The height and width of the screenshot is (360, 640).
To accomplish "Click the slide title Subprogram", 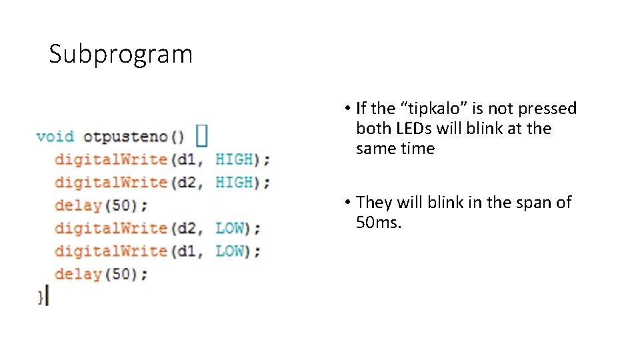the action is point(121,54).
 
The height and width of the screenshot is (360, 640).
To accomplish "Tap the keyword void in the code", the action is point(55,137).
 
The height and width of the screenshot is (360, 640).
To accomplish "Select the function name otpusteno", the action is point(126,137).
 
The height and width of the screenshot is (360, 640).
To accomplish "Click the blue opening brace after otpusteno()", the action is point(201,136).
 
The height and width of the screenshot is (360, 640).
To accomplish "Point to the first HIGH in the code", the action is point(235,159).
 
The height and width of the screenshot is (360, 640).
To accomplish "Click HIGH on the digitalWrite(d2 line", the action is point(235,182).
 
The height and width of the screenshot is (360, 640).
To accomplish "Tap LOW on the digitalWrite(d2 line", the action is point(229,228).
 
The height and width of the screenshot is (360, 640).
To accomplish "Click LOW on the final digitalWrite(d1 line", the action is point(229,251).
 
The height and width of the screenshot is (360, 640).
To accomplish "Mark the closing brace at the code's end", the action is point(41,296).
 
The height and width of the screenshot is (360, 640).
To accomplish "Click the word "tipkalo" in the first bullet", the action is point(433,109).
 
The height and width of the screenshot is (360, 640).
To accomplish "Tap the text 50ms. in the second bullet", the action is point(379,223).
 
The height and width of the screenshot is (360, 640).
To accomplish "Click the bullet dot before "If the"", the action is point(349,109).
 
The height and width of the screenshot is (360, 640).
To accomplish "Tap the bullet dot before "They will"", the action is point(349,203).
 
